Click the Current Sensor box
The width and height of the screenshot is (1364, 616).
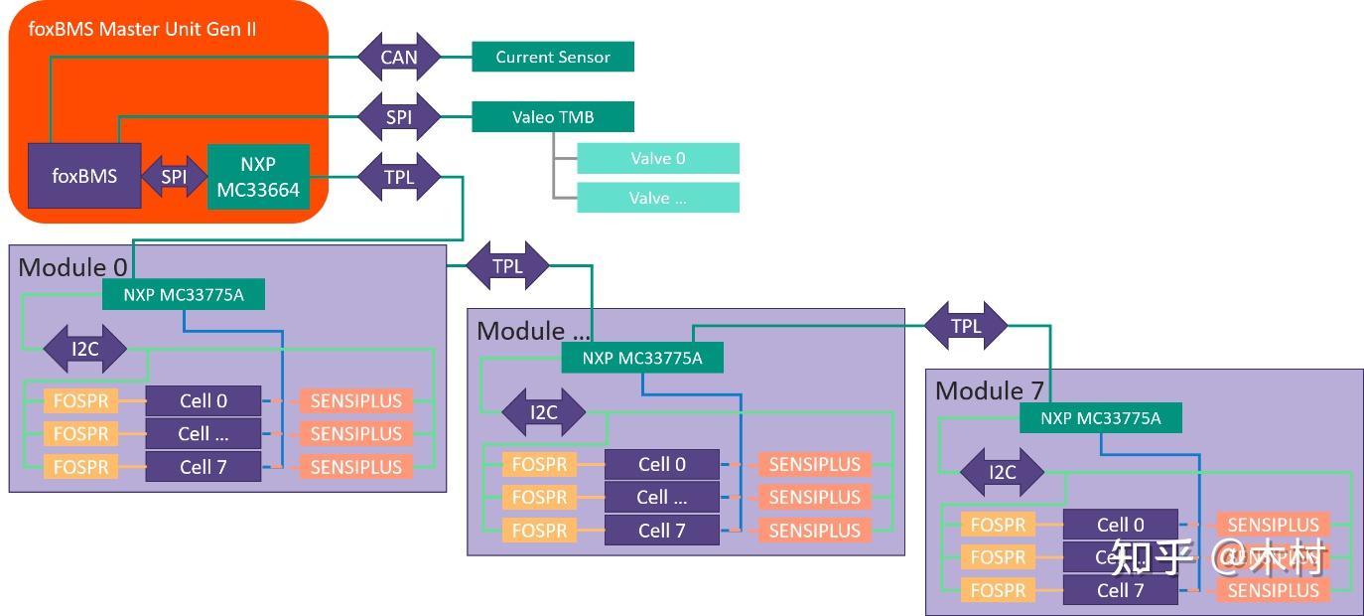[x=553, y=57]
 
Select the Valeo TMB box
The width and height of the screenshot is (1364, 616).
[x=553, y=117]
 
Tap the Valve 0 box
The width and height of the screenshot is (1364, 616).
[x=657, y=158]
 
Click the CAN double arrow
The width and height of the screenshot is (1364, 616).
[x=399, y=57]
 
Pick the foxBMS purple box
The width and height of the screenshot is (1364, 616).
[x=84, y=176]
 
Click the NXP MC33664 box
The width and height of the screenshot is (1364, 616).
[x=258, y=176]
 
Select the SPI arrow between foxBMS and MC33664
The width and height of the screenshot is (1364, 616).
[x=174, y=177]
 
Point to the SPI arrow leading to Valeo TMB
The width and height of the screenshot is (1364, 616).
[x=399, y=117]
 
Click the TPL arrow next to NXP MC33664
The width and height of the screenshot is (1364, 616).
[x=399, y=177]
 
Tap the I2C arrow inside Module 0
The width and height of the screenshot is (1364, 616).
[x=85, y=349]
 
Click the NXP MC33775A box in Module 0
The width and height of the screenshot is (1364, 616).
[x=184, y=293]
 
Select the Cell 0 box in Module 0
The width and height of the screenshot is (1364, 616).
[x=204, y=401]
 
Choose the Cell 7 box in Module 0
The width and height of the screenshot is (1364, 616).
[x=204, y=467]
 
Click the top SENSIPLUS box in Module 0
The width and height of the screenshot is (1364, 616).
[x=355, y=401]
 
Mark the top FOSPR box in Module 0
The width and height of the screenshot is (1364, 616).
[x=80, y=401]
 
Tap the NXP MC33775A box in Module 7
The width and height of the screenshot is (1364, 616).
[x=1100, y=418]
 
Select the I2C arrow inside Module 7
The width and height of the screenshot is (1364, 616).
[x=1003, y=472]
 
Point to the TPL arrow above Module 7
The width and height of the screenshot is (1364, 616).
[x=966, y=326]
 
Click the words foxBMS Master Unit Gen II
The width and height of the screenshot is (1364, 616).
[x=142, y=29]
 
